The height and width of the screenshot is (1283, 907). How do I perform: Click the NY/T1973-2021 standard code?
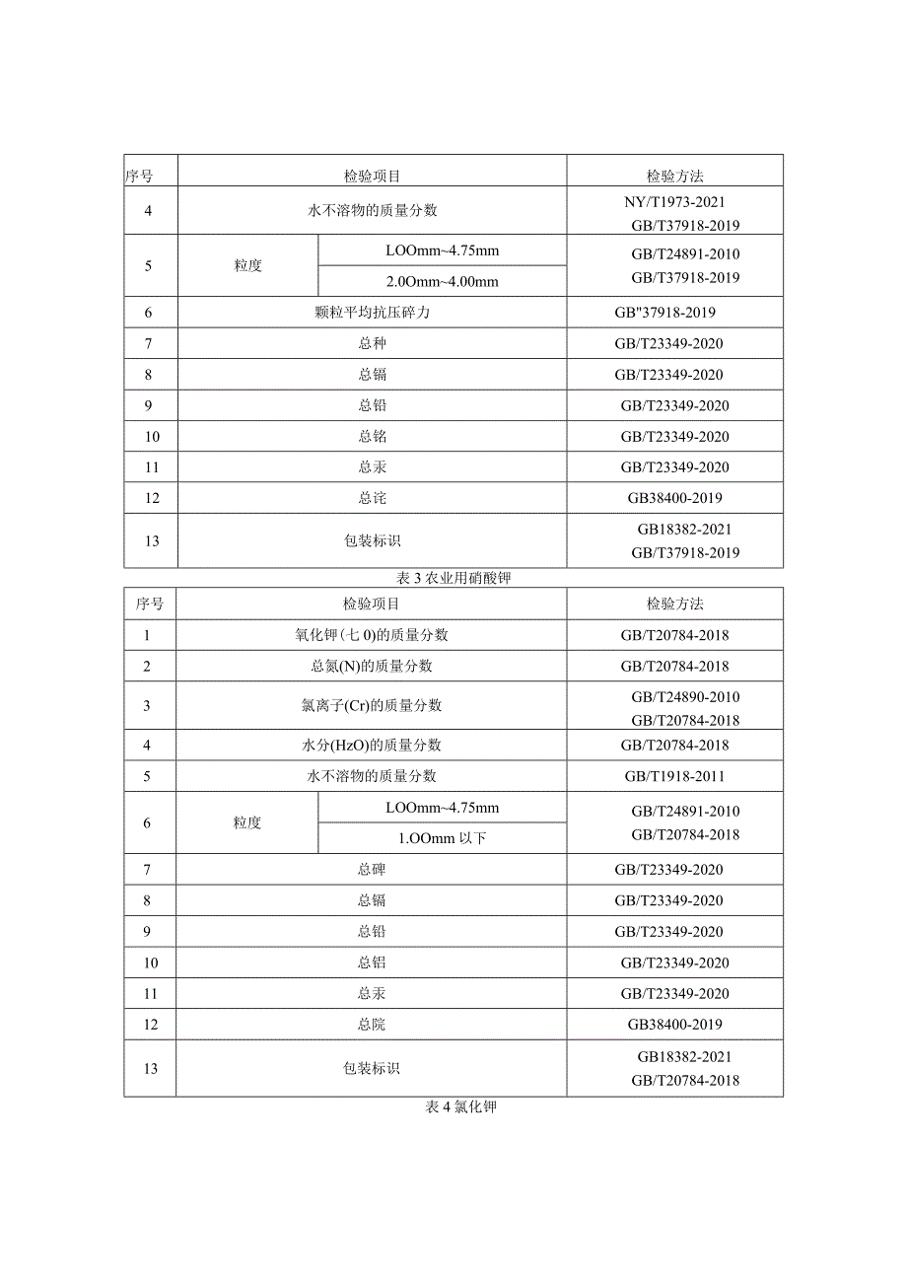point(675,201)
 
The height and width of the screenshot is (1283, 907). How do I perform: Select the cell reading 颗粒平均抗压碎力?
point(372,313)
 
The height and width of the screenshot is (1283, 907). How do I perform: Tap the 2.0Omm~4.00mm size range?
point(443,282)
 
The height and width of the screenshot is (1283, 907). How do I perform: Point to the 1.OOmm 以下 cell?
point(443,838)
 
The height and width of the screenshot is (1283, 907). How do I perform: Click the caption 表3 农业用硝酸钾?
point(453,579)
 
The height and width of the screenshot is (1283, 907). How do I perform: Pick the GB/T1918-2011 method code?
point(674,776)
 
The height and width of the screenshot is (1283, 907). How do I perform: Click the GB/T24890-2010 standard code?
point(685,697)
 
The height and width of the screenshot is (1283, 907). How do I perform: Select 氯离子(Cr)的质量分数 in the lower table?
point(371,705)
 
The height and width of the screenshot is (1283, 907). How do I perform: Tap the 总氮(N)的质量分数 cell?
point(371,666)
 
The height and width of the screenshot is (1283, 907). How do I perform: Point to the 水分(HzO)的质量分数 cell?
point(371,746)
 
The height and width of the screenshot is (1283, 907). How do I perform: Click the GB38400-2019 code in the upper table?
point(674,498)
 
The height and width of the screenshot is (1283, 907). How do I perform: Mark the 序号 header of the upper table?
point(139,177)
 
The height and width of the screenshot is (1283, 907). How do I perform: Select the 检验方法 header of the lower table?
point(674,604)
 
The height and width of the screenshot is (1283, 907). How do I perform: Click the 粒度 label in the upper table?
point(248,266)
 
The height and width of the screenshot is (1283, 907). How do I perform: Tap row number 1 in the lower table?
point(147,635)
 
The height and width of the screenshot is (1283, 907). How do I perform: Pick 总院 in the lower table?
point(371,1025)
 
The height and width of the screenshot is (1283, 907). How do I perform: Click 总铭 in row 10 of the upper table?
point(372,437)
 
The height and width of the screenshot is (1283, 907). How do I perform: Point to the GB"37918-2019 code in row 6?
point(664,313)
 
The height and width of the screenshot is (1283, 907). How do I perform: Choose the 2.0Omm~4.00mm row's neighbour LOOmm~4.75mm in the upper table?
point(443,250)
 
